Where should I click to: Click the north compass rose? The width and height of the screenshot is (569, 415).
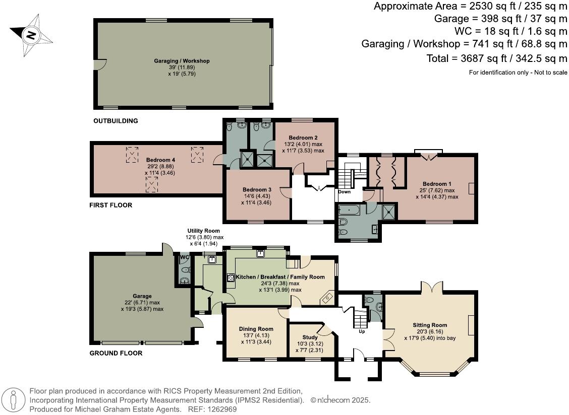click(x=31, y=35)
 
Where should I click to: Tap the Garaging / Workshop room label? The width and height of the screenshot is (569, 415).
click(x=182, y=61)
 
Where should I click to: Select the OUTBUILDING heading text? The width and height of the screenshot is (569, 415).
click(x=116, y=121)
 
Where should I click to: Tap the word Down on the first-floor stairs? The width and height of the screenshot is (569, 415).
click(x=345, y=191)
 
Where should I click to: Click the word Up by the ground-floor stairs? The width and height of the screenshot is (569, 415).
click(x=361, y=332)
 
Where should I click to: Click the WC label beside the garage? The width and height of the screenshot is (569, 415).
click(x=185, y=257)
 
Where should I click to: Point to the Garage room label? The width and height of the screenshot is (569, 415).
click(x=142, y=296)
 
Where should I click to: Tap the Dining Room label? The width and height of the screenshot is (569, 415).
click(x=256, y=329)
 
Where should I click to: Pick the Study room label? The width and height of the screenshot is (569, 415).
click(x=310, y=337)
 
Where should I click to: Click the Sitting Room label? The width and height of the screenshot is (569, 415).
click(x=430, y=325)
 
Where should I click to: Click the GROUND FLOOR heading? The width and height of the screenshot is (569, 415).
click(x=116, y=353)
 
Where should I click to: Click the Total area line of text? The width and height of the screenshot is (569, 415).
click(x=490, y=58)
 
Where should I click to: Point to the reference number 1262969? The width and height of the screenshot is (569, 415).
click(x=223, y=409)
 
